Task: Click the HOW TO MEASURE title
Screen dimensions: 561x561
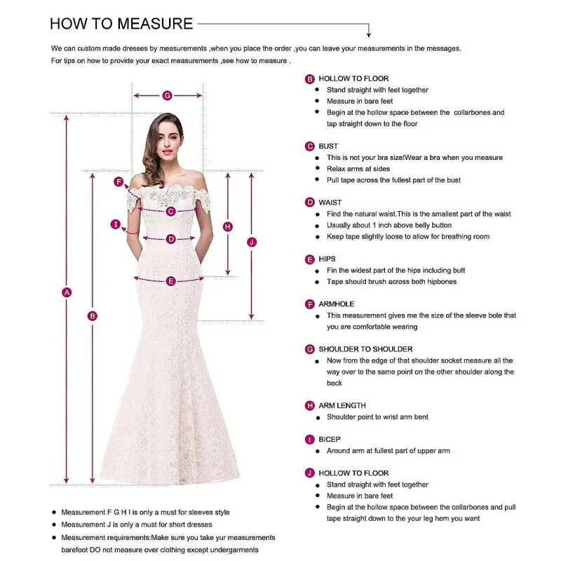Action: pyautogui.click(x=121, y=24)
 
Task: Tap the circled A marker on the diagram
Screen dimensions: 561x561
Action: pyautogui.click(x=67, y=292)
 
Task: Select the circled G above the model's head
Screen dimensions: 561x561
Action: pyautogui.click(x=167, y=95)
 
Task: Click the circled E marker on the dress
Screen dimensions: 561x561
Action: pyautogui.click(x=170, y=281)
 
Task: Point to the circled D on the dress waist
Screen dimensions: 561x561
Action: pyautogui.click(x=170, y=239)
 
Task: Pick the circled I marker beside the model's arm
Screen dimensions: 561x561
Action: pyautogui.click(x=115, y=224)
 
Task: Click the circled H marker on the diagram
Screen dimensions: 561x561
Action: pyautogui.click(x=227, y=227)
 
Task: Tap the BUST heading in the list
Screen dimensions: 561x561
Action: pyautogui.click(x=328, y=147)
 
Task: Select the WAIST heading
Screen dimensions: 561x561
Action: pyautogui.click(x=330, y=203)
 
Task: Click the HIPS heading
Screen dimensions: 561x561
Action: pyautogui.click(x=327, y=259)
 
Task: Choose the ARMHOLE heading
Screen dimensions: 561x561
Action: pyautogui.click(x=337, y=304)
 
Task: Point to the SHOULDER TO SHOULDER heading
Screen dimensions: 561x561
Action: pyautogui.click(x=365, y=349)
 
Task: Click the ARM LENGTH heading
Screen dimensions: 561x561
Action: pyautogui.click(x=342, y=405)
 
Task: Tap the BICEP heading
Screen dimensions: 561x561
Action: pyautogui.click(x=330, y=440)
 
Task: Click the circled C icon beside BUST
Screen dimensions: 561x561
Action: pyautogui.click(x=310, y=147)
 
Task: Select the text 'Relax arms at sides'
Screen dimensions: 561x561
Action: pyautogui.click(x=358, y=169)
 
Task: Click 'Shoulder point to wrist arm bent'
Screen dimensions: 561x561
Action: pyautogui.click(x=377, y=417)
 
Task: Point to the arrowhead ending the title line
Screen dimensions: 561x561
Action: pyautogui.click(x=370, y=34)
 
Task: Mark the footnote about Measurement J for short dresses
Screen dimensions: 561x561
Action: pyautogui.click(x=136, y=525)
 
